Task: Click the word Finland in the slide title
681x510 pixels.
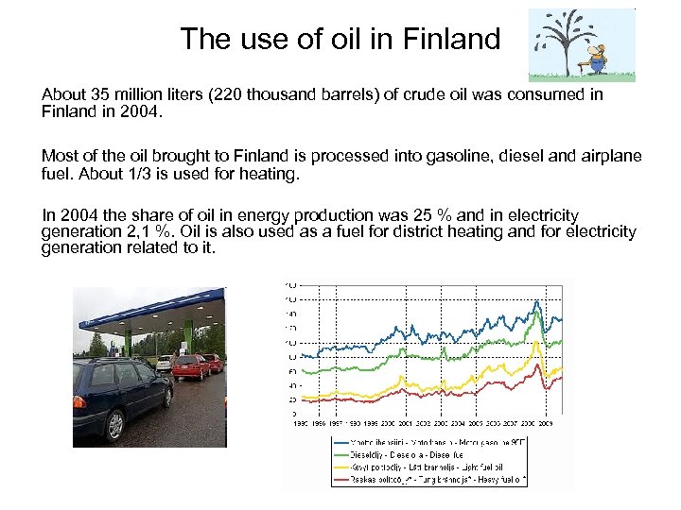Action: coord(451,39)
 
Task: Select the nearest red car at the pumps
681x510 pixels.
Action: coord(190,366)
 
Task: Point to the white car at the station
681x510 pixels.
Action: coord(165,363)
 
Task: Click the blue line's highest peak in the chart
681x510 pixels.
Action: coord(537,302)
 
